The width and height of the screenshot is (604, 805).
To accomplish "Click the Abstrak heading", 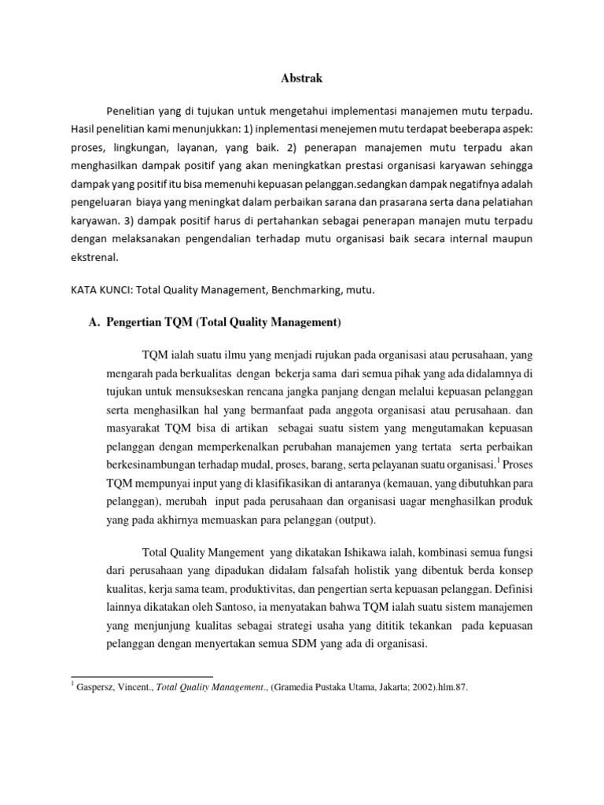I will (x=301, y=79).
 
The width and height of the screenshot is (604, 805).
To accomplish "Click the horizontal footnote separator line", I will (x=142, y=676).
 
